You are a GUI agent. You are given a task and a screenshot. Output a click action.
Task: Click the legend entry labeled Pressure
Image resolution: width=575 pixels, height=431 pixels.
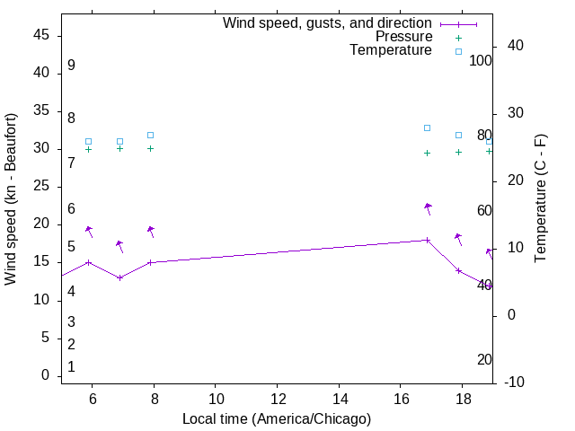tap(404, 37)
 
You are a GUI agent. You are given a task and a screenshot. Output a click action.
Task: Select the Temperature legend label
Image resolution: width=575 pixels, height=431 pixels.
tap(391, 50)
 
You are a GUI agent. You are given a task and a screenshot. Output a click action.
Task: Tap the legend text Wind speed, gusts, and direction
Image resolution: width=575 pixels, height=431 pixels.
tap(328, 23)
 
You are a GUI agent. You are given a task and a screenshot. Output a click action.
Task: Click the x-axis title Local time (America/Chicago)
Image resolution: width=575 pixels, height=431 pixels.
tap(277, 418)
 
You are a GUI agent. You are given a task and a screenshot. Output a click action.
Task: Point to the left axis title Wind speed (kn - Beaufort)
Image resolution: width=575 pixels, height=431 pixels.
tap(11, 199)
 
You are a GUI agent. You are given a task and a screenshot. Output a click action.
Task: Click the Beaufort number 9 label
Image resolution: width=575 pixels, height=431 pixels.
tap(71, 66)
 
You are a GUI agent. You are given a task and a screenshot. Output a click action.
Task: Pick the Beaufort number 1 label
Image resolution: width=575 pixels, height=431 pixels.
tap(71, 367)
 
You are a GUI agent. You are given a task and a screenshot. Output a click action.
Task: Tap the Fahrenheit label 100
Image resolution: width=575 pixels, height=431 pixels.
tap(481, 61)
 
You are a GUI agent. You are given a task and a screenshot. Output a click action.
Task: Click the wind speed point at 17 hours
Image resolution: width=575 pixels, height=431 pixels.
tap(428, 240)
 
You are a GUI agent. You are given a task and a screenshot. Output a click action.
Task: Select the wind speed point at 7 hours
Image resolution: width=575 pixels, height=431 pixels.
tap(119, 277)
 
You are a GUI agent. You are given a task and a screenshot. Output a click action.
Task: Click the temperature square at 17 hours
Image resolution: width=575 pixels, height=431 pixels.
tap(428, 128)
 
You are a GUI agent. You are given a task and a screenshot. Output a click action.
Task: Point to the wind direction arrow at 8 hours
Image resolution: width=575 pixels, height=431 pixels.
tap(152, 231)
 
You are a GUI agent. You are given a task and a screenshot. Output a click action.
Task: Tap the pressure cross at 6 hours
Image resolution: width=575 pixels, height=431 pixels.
tap(88, 149)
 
